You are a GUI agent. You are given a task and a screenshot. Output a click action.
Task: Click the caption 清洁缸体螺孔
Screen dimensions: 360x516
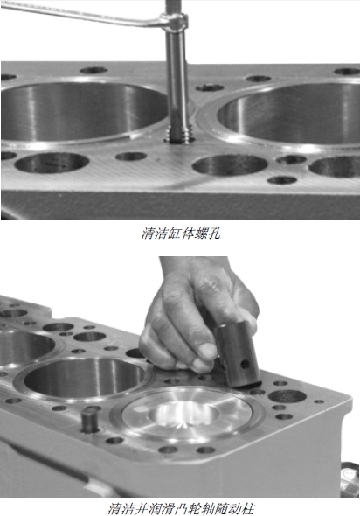point(181,234)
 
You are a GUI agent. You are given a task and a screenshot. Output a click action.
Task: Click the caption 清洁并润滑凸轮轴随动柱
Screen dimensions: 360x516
point(182,508)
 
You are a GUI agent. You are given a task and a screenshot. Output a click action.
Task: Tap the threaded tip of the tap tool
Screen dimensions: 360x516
point(178,135)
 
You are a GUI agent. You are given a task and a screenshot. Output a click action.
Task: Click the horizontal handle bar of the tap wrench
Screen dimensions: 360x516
point(82,14)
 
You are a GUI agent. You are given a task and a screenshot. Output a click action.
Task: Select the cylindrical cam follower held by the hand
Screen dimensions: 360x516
point(238,353)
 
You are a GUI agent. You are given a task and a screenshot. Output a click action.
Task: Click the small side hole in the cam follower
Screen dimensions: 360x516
point(246,365)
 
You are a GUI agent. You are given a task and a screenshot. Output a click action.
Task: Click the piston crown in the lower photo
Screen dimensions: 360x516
point(187,413)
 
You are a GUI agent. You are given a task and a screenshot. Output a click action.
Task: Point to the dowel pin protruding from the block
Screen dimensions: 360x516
point(91,420)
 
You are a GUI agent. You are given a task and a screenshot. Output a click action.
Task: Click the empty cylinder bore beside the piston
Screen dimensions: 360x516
point(84,378)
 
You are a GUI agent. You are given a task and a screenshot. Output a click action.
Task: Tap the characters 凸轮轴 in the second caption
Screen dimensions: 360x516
point(194,508)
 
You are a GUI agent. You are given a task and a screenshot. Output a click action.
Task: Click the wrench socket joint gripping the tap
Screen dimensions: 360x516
point(174,22)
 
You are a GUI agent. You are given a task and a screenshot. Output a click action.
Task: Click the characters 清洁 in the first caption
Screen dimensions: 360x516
point(155,234)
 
